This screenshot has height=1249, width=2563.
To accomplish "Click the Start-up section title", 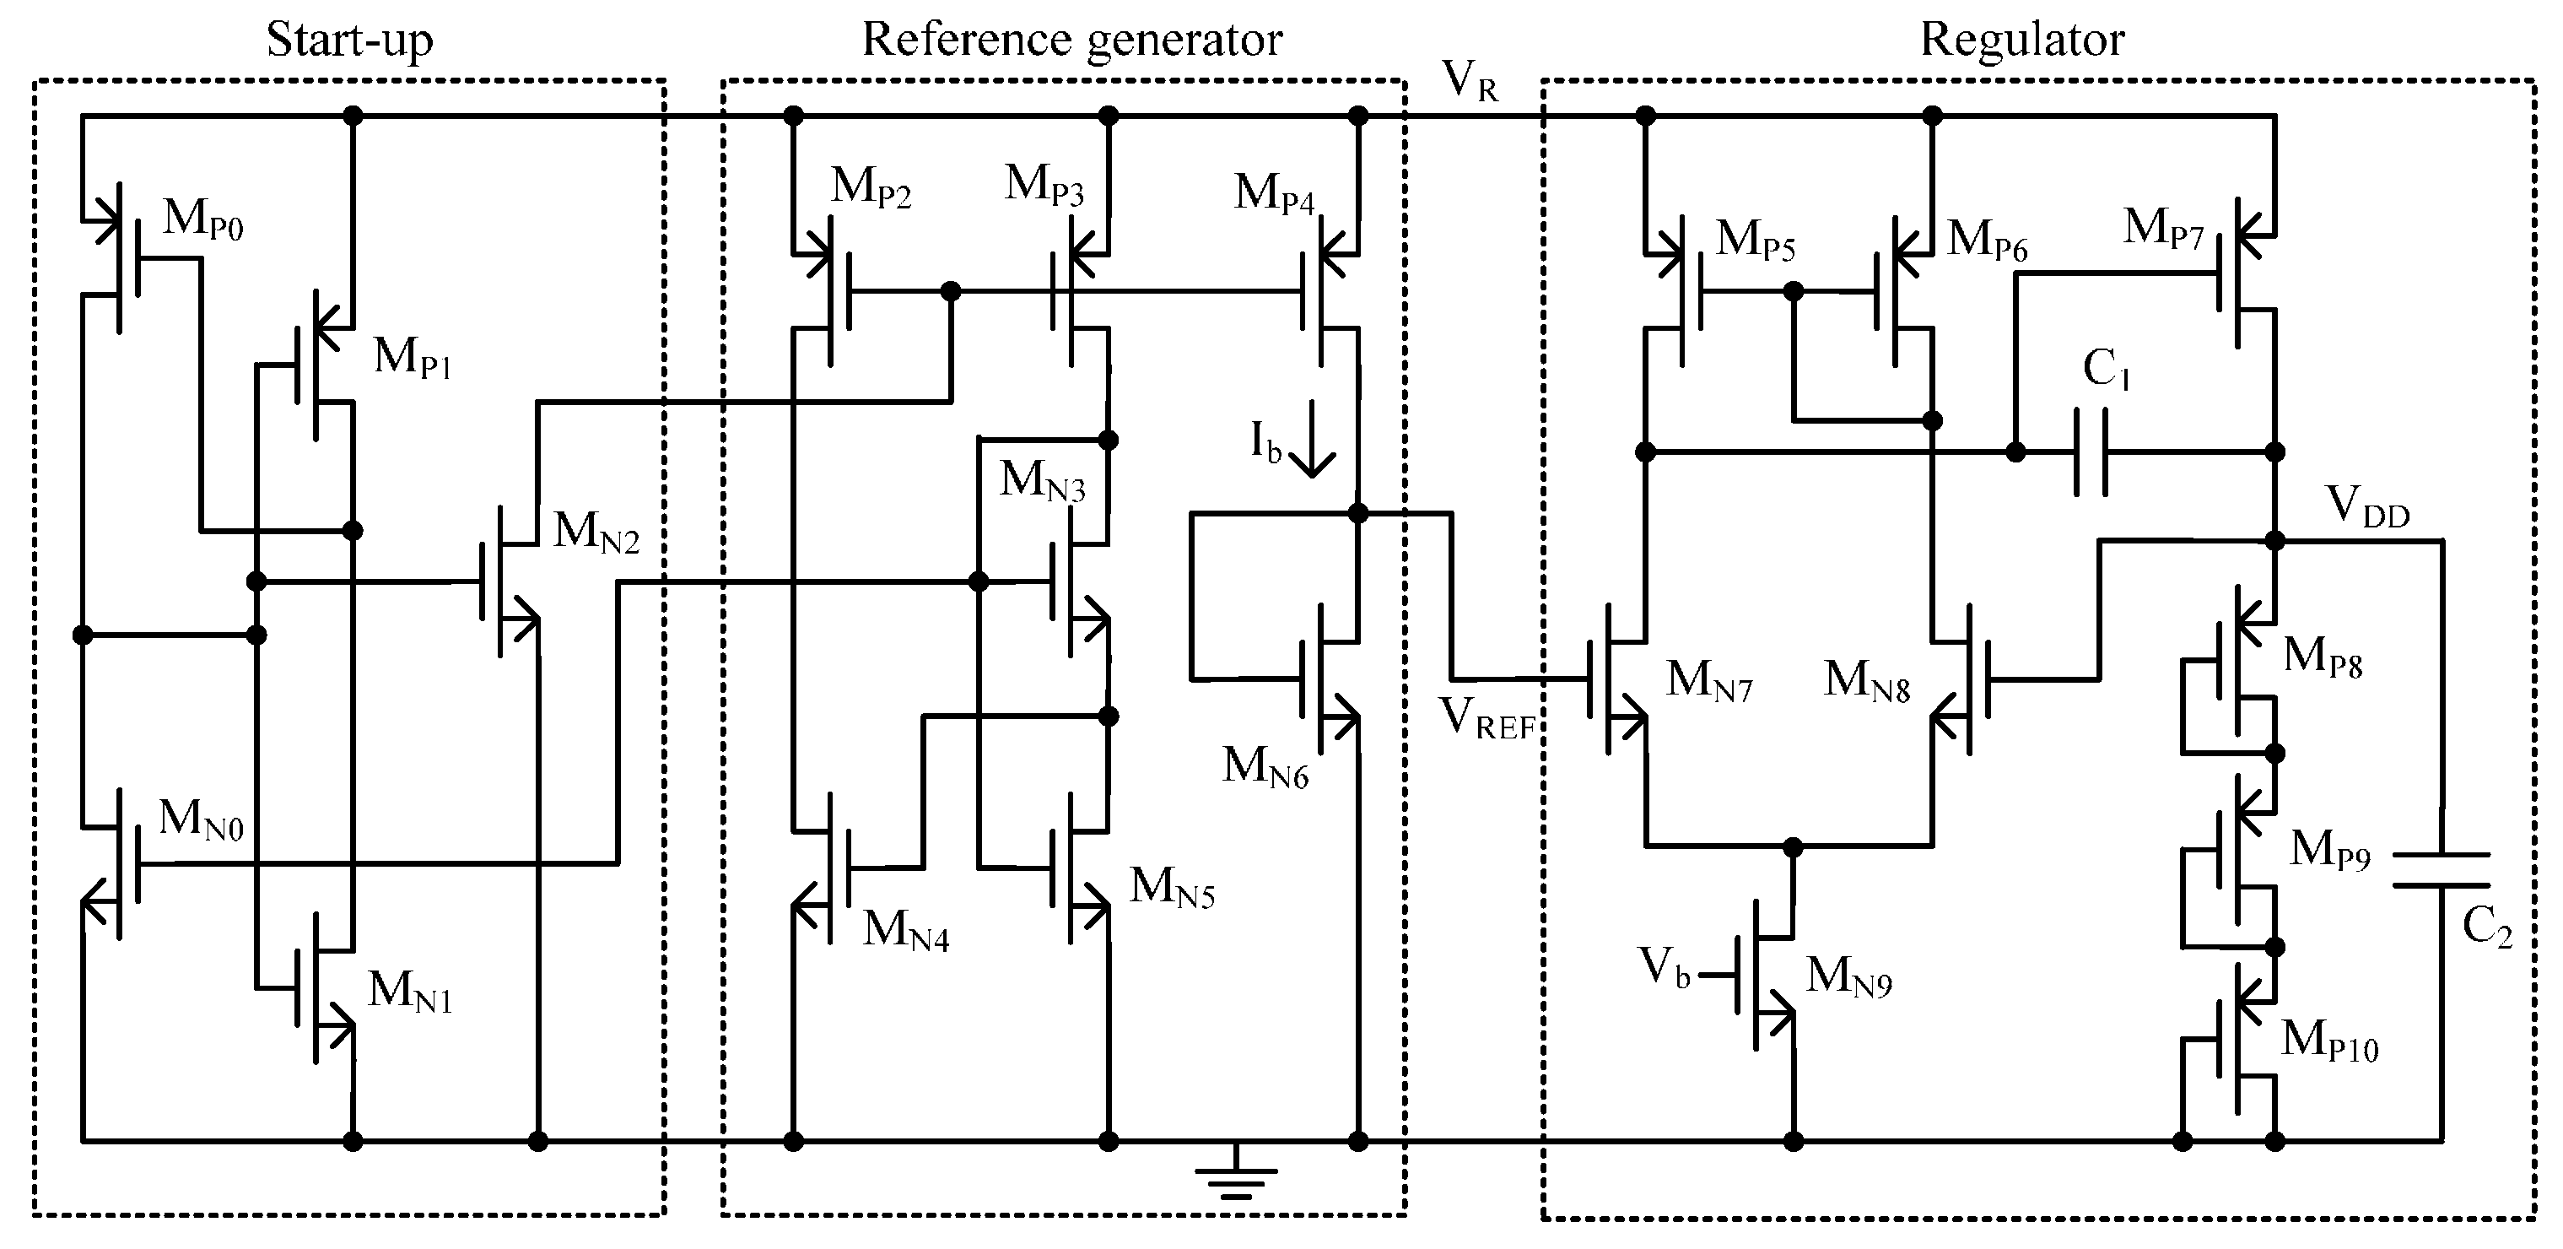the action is (x=349, y=41).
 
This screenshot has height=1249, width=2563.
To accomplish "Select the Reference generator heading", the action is (x=1071, y=41).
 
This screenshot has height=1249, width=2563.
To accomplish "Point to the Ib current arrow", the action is (x=1313, y=438).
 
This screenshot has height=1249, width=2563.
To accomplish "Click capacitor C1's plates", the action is (x=2091, y=451).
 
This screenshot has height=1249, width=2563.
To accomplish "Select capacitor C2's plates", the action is (x=2441, y=870).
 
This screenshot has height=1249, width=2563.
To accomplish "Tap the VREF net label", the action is (x=1487, y=717).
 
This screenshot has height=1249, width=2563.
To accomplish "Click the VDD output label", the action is (x=2367, y=506).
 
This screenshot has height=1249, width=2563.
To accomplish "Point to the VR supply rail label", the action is (x=1470, y=79).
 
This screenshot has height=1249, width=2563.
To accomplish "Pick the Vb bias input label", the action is (x=1665, y=966).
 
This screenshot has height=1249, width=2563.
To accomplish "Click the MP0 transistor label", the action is (x=203, y=219).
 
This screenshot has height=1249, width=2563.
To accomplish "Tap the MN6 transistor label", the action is (x=1265, y=767).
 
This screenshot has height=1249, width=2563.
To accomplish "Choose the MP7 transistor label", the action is (x=2165, y=228).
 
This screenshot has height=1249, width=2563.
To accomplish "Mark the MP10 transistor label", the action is (x=2330, y=1042).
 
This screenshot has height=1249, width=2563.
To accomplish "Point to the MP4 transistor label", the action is (x=1275, y=193).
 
